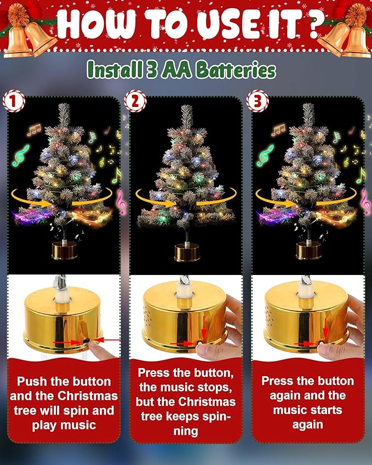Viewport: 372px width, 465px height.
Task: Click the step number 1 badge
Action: (14, 101)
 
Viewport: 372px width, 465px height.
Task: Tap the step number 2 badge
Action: (135, 101)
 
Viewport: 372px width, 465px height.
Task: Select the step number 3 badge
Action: (257, 101)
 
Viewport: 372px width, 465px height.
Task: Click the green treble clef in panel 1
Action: (21, 155)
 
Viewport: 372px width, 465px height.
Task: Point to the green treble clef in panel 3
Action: (265, 155)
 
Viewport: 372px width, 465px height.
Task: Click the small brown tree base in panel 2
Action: (187, 252)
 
